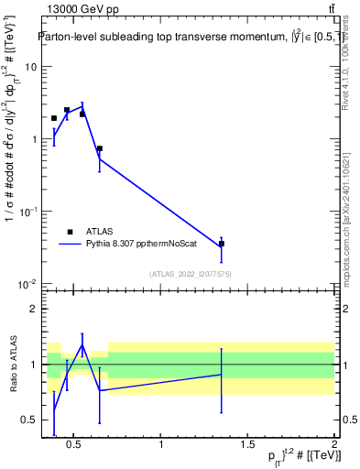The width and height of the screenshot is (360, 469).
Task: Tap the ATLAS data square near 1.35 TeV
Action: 222,244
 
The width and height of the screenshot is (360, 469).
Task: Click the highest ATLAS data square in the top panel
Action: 67,110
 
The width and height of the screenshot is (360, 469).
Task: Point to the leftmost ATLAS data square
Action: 54,118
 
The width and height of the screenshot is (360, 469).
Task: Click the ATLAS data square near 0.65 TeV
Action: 99,148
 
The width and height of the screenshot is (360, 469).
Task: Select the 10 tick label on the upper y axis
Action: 31,67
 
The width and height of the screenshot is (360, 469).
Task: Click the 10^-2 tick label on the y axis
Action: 27,283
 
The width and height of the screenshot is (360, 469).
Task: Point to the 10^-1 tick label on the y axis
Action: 27,211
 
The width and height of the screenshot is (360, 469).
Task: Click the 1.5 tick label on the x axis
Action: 247,445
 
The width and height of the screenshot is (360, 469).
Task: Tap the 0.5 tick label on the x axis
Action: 75,445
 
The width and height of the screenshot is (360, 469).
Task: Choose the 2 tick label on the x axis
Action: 334,445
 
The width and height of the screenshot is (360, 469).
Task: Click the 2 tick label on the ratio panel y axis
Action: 34,309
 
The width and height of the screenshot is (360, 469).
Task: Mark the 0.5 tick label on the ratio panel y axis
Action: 30,420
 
